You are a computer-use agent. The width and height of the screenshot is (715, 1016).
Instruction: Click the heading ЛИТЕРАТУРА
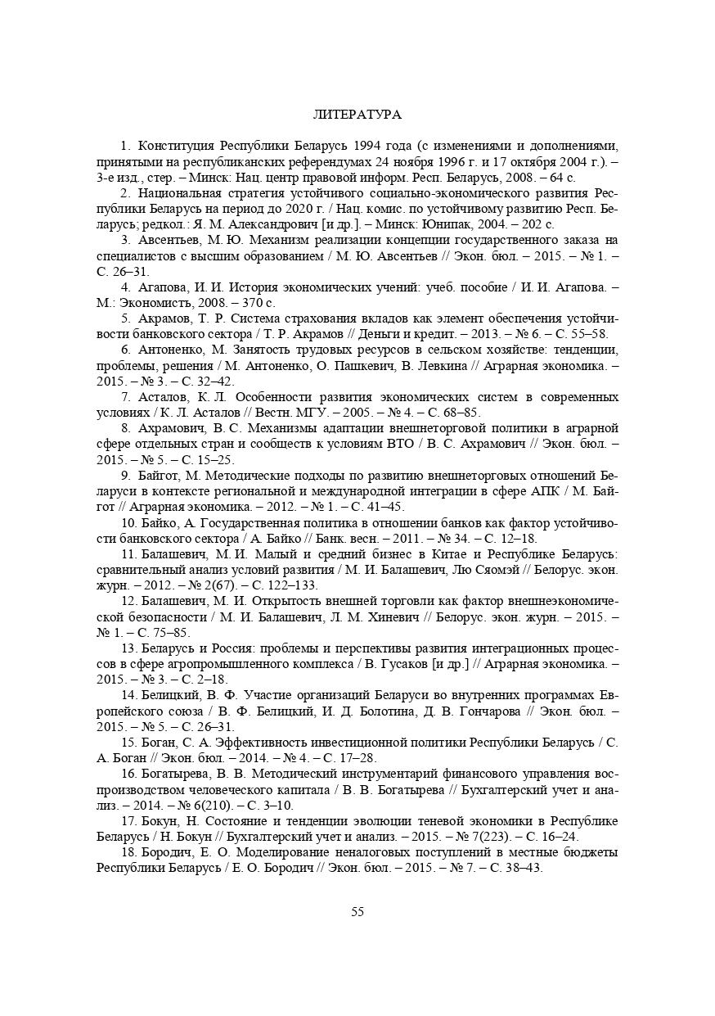click(357, 114)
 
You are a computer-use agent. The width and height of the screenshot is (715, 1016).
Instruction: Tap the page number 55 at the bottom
click(357, 912)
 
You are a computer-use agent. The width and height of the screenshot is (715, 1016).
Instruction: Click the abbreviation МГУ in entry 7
click(297, 413)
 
